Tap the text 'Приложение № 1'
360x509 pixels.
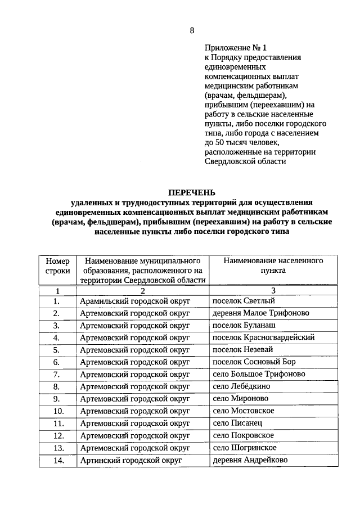232,48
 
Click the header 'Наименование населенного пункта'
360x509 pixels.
273,266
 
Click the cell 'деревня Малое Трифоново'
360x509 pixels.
258,313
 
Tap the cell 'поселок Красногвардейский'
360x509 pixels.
263,337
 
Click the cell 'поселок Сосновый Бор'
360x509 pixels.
254,362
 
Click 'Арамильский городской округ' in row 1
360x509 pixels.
135,301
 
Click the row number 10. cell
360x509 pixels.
57,411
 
